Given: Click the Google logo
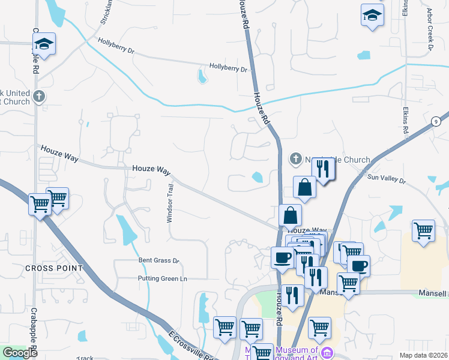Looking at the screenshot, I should coord(20,353).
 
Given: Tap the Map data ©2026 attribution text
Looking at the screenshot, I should coord(423,355).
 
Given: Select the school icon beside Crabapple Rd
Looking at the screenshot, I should coord(44,44).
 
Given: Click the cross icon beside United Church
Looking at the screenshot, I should coord(39,96).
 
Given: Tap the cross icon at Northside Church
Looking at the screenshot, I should coord(295,159).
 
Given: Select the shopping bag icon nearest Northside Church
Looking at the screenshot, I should coord(305,187).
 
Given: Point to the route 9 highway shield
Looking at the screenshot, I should coord(434,121).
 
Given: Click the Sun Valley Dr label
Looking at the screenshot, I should coord(387,178).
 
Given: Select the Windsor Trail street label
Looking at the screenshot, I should coord(169,203).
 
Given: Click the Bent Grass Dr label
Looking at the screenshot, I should coord(159,260).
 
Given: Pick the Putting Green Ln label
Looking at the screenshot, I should coord(163,278).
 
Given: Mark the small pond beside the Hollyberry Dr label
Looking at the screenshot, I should coord(202,76).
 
